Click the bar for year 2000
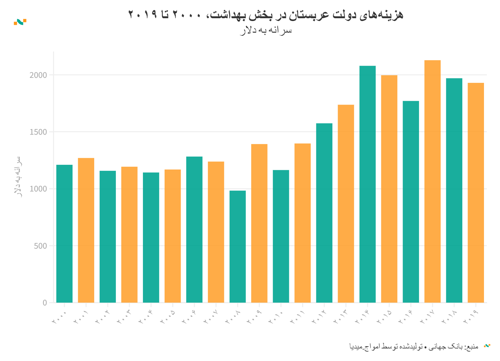tap(64, 234)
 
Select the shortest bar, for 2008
tap(238, 246)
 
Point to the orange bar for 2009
tap(259, 223)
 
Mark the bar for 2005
tap(173, 236)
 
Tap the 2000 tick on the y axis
tap(38, 75)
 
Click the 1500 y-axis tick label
tap(38, 132)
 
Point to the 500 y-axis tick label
tap(40, 246)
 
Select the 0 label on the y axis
tap(45, 303)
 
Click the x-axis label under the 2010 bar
tap(276, 317)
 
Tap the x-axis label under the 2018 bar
tap(449, 317)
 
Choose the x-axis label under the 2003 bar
tap(124, 317)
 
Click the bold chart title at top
tap(266, 14)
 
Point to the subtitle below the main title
tap(266, 30)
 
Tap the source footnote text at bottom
tap(414, 346)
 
